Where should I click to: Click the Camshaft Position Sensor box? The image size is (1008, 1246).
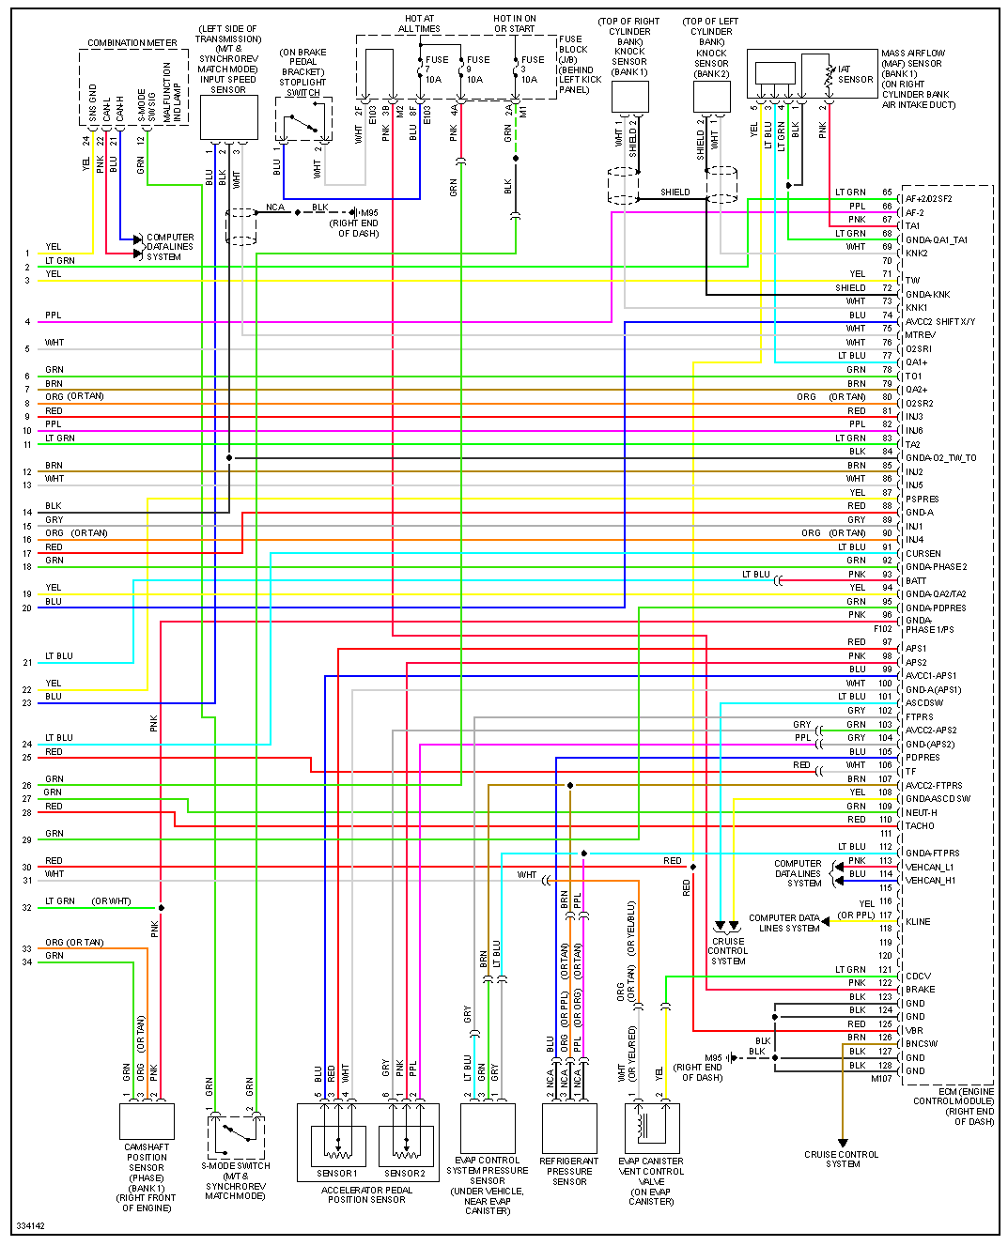pyautogui.click(x=147, y=1121)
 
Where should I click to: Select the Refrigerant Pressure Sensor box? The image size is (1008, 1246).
pyautogui.click(x=569, y=1128)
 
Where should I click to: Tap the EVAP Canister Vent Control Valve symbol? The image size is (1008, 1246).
pyautogui.click(x=652, y=1128)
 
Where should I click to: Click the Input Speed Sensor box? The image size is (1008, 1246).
pyautogui.click(x=228, y=118)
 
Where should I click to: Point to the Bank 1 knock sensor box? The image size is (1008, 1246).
pyautogui.click(x=629, y=97)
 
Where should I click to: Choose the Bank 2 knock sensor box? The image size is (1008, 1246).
pyautogui.click(x=711, y=97)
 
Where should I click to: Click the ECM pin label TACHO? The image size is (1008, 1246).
pyautogui.click(x=920, y=826)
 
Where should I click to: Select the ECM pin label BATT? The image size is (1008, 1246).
pyautogui.click(x=915, y=581)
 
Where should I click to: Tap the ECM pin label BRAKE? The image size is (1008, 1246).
pyautogui.click(x=920, y=990)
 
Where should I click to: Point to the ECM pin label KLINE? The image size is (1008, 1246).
pyautogui.click(x=918, y=922)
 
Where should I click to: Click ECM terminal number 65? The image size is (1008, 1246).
pyautogui.click(x=887, y=192)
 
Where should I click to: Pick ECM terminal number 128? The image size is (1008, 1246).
pyautogui.click(x=886, y=1066)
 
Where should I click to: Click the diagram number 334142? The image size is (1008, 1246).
pyautogui.click(x=30, y=1226)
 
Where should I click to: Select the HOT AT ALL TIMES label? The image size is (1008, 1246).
pyautogui.click(x=419, y=23)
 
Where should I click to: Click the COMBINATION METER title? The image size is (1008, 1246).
pyautogui.click(x=132, y=43)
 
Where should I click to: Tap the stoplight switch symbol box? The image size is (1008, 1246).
pyautogui.click(x=303, y=119)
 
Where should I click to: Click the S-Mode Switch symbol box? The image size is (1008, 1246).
pyautogui.click(x=236, y=1136)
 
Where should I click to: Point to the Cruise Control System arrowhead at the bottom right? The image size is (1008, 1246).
pyautogui.click(x=843, y=1144)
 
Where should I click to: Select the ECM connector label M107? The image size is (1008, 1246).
pyautogui.click(x=881, y=1079)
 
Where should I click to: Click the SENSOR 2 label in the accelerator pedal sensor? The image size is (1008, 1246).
pyautogui.click(x=405, y=1173)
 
